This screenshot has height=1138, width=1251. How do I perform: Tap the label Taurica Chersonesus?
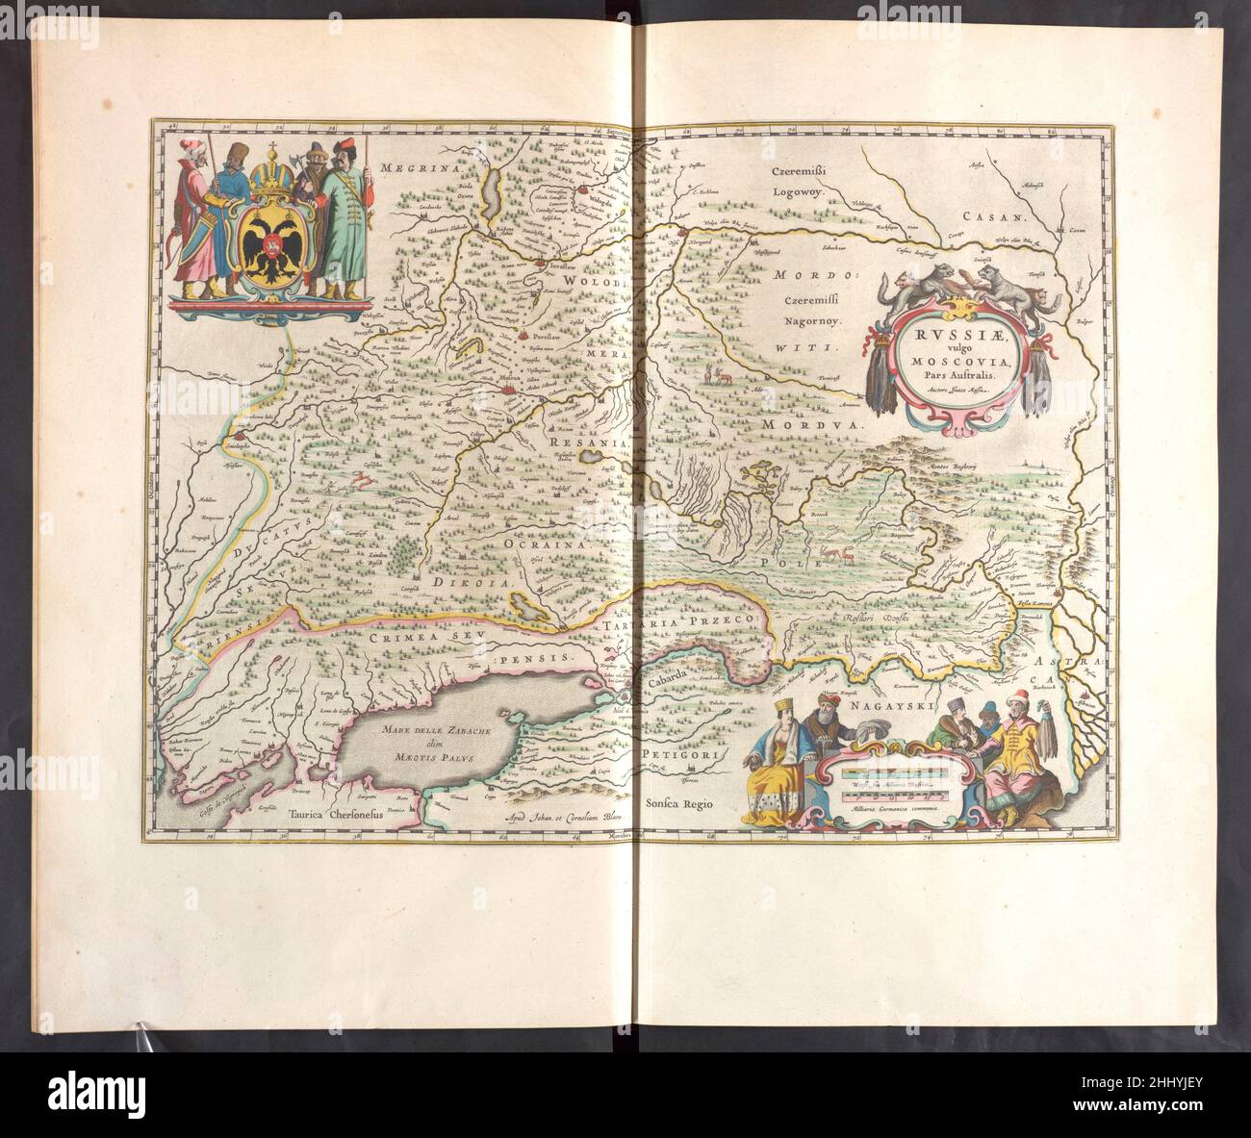[329, 812]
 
